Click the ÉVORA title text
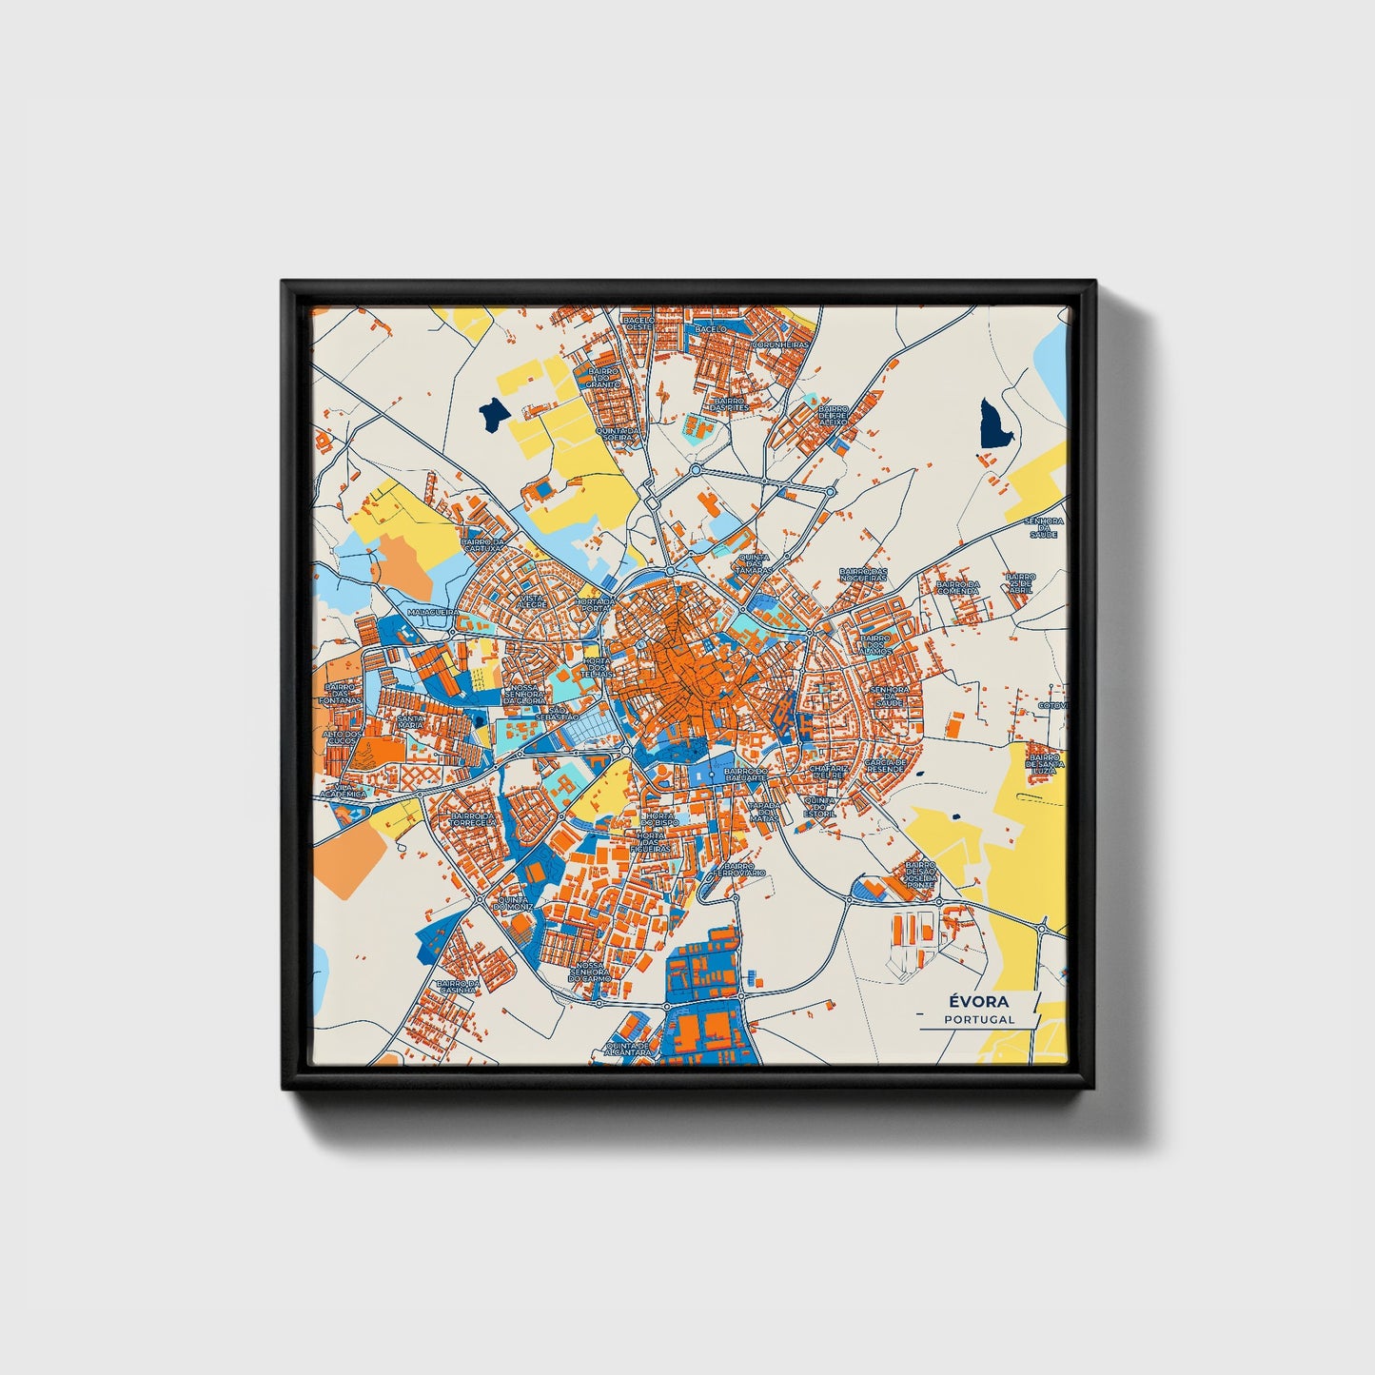978,1001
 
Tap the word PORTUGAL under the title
979,1019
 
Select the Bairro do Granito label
602,378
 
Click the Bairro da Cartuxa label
483,545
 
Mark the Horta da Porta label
595,605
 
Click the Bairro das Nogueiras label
862,575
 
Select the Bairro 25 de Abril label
1020,581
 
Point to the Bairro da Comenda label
956,588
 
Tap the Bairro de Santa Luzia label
1043,763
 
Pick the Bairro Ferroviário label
742,870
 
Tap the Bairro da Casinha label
458,988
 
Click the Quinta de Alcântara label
629,1049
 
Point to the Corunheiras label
780,345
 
